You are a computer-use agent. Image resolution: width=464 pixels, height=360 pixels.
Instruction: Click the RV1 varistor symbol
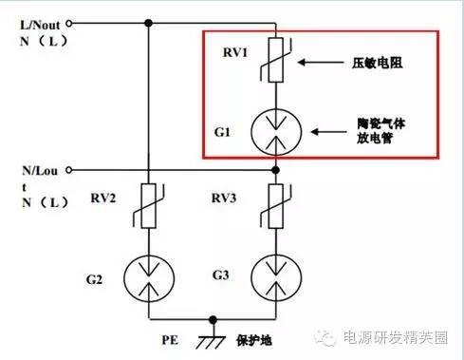275,64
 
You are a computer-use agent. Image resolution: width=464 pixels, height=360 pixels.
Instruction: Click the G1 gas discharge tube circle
275,131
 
